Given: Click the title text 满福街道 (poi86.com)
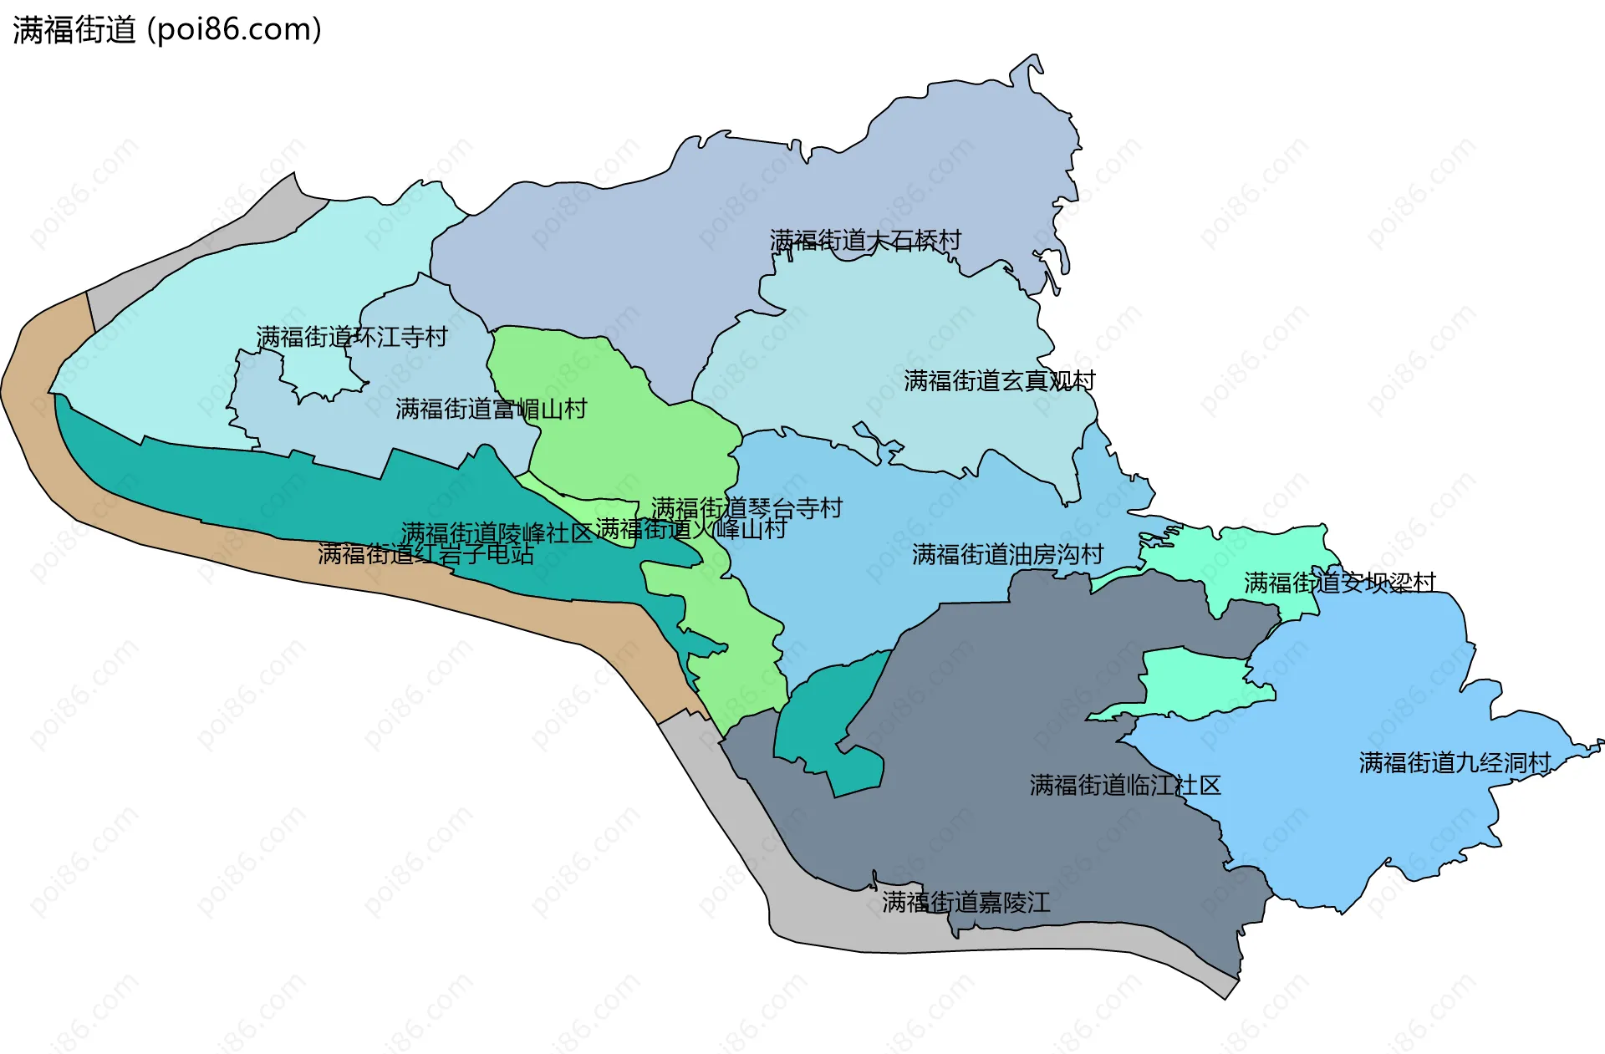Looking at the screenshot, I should pyautogui.click(x=167, y=30).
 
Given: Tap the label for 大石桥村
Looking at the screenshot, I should pyautogui.click(x=865, y=241).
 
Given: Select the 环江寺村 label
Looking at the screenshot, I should pyautogui.click(x=352, y=337).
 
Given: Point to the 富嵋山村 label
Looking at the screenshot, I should pyautogui.click(x=491, y=409).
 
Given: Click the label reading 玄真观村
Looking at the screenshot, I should pyautogui.click(x=999, y=381).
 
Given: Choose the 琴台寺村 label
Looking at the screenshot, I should pyautogui.click(x=746, y=508).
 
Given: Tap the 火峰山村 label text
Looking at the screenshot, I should pyautogui.click(x=690, y=529).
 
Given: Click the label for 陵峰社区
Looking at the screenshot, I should pyautogui.click(x=497, y=532).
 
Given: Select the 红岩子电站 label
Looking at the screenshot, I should pyautogui.click(x=425, y=554).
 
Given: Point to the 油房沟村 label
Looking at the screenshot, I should pyautogui.click(x=1007, y=554).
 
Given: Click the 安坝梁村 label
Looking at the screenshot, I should pyautogui.click(x=1339, y=583).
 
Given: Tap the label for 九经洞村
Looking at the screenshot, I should pyautogui.click(x=1455, y=762).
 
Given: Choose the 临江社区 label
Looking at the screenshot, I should pyautogui.click(x=1125, y=785).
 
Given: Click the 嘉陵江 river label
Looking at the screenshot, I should pyautogui.click(x=966, y=902).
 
